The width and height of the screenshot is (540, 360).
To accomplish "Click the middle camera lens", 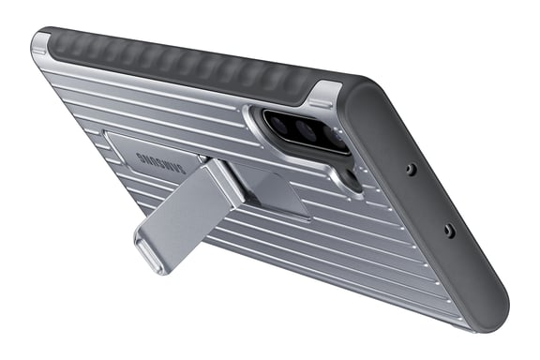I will [x=305, y=129].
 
